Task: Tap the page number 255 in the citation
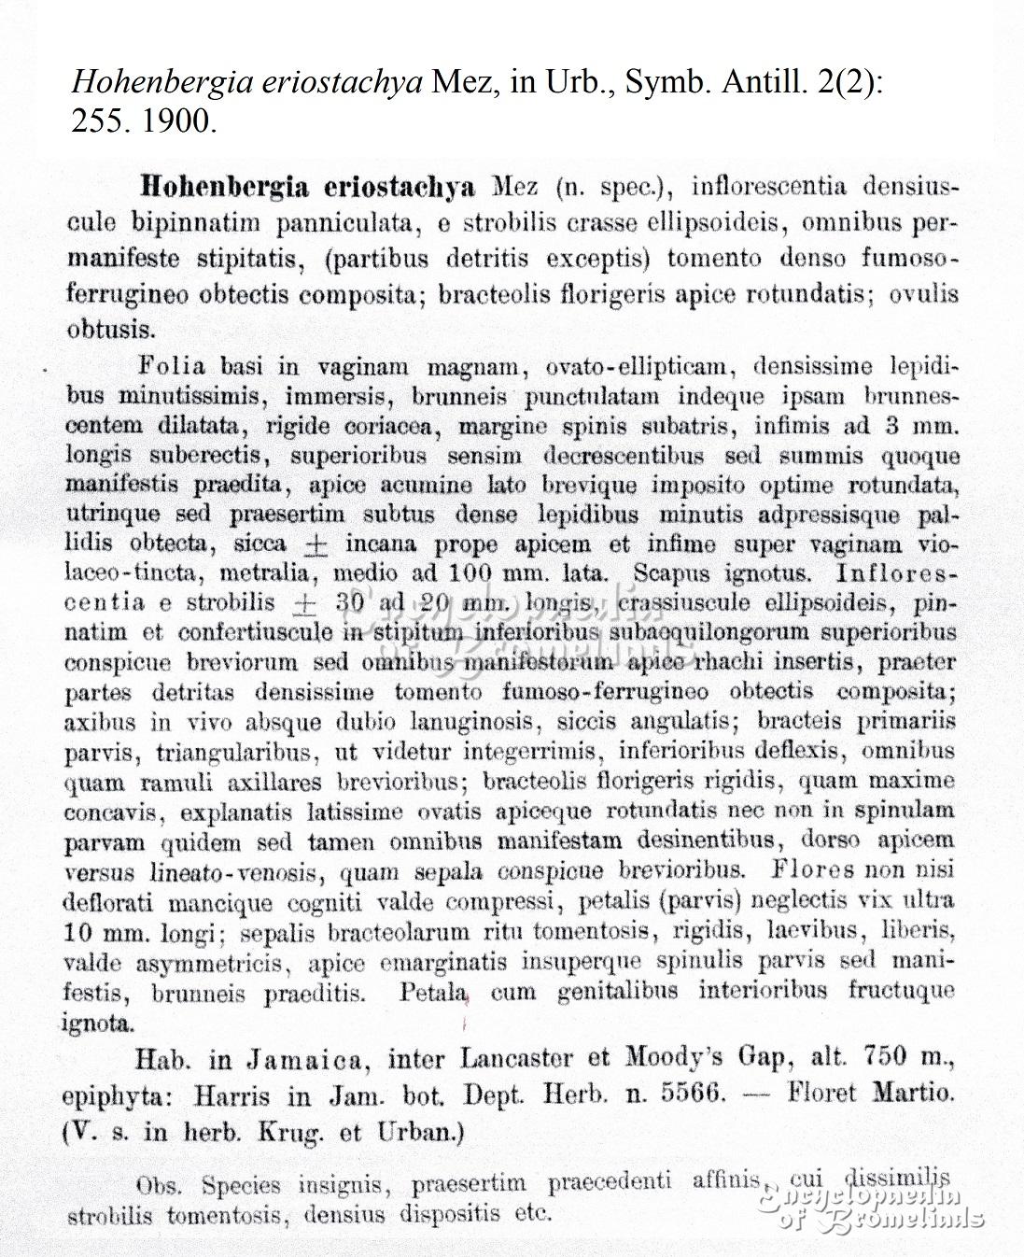tap(99, 121)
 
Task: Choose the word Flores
tap(812, 871)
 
